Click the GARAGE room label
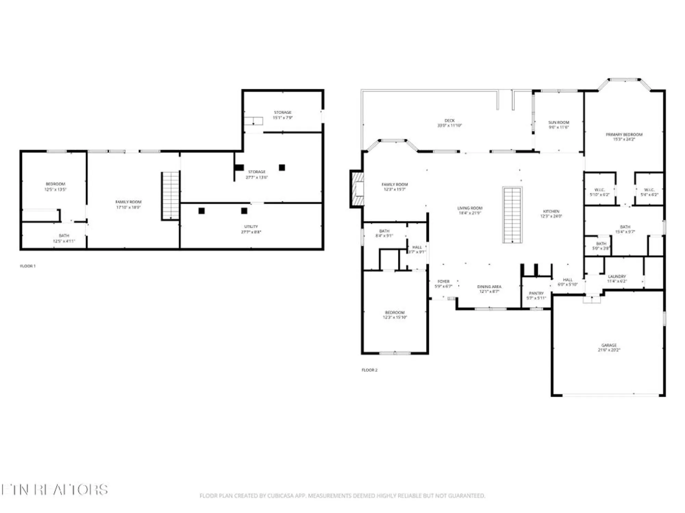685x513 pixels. (x=609, y=345)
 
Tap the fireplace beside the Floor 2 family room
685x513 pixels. (x=358, y=189)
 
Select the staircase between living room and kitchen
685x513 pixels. (x=512, y=215)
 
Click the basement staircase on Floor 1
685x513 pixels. (x=171, y=196)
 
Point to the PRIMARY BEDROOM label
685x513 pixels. (x=624, y=134)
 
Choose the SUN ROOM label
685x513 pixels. (x=559, y=122)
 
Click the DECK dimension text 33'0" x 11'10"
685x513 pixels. (x=449, y=126)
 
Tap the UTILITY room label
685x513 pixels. (x=251, y=226)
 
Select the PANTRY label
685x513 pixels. (x=536, y=293)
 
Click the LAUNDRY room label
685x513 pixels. (x=617, y=276)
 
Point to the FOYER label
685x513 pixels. (x=443, y=281)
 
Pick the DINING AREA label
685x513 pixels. (x=489, y=287)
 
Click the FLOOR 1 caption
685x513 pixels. (x=28, y=266)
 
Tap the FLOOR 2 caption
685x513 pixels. (x=370, y=370)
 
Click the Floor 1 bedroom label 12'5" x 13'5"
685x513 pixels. (x=55, y=189)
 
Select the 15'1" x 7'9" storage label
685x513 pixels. (x=283, y=118)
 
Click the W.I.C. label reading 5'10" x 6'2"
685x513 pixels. (x=599, y=195)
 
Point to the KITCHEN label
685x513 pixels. (x=551, y=211)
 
